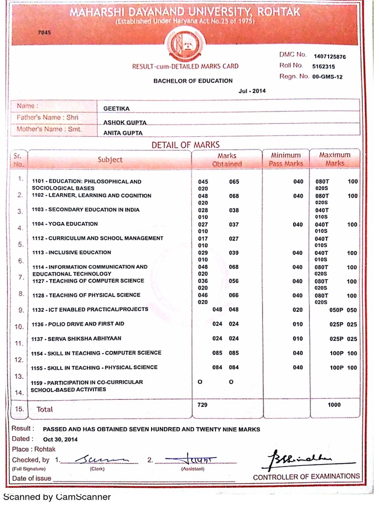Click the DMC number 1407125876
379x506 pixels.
[x=330, y=57]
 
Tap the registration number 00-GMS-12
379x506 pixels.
[x=328, y=77]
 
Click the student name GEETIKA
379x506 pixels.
[x=116, y=109]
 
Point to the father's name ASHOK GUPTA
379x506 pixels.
[x=125, y=122]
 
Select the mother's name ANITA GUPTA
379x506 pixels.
[x=123, y=133]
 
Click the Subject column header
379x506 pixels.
[x=110, y=160]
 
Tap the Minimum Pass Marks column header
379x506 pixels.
[x=286, y=159]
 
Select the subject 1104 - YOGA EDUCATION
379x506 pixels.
[x=65, y=224]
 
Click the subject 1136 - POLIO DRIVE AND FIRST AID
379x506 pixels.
[x=78, y=324]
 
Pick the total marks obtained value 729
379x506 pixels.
[x=202, y=405]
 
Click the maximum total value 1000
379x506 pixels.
[x=334, y=405]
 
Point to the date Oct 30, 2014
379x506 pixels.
[x=60, y=439]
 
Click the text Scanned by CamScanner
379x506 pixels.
[x=57, y=497]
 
